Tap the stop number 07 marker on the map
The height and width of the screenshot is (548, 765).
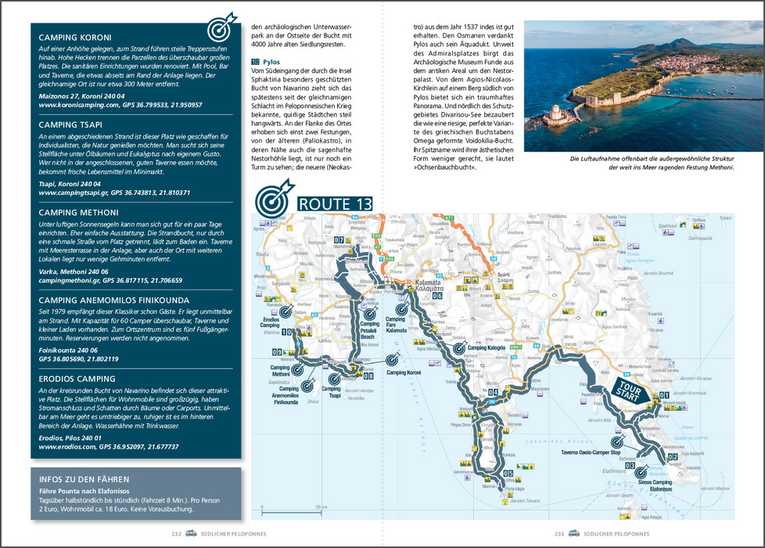339,240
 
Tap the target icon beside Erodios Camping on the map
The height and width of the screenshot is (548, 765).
286,311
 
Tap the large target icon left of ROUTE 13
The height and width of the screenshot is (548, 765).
272,199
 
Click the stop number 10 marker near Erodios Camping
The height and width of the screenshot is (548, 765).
287,333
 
